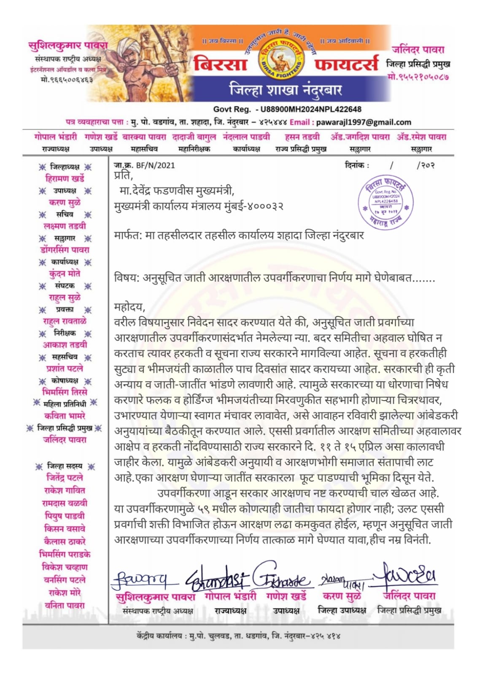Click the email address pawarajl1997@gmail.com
click(x=363, y=122)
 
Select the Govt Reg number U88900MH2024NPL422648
click(x=310, y=109)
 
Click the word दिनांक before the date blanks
click(x=356, y=165)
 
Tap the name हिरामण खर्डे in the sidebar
click(x=65, y=178)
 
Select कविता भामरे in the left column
click(x=65, y=416)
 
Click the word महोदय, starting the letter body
click(x=129, y=306)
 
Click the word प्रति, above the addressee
click(x=123, y=175)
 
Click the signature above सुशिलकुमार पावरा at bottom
click(x=139, y=580)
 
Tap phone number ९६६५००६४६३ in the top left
click(x=67, y=79)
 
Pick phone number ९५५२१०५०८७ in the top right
click(x=418, y=77)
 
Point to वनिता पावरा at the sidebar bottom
click(x=65, y=605)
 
